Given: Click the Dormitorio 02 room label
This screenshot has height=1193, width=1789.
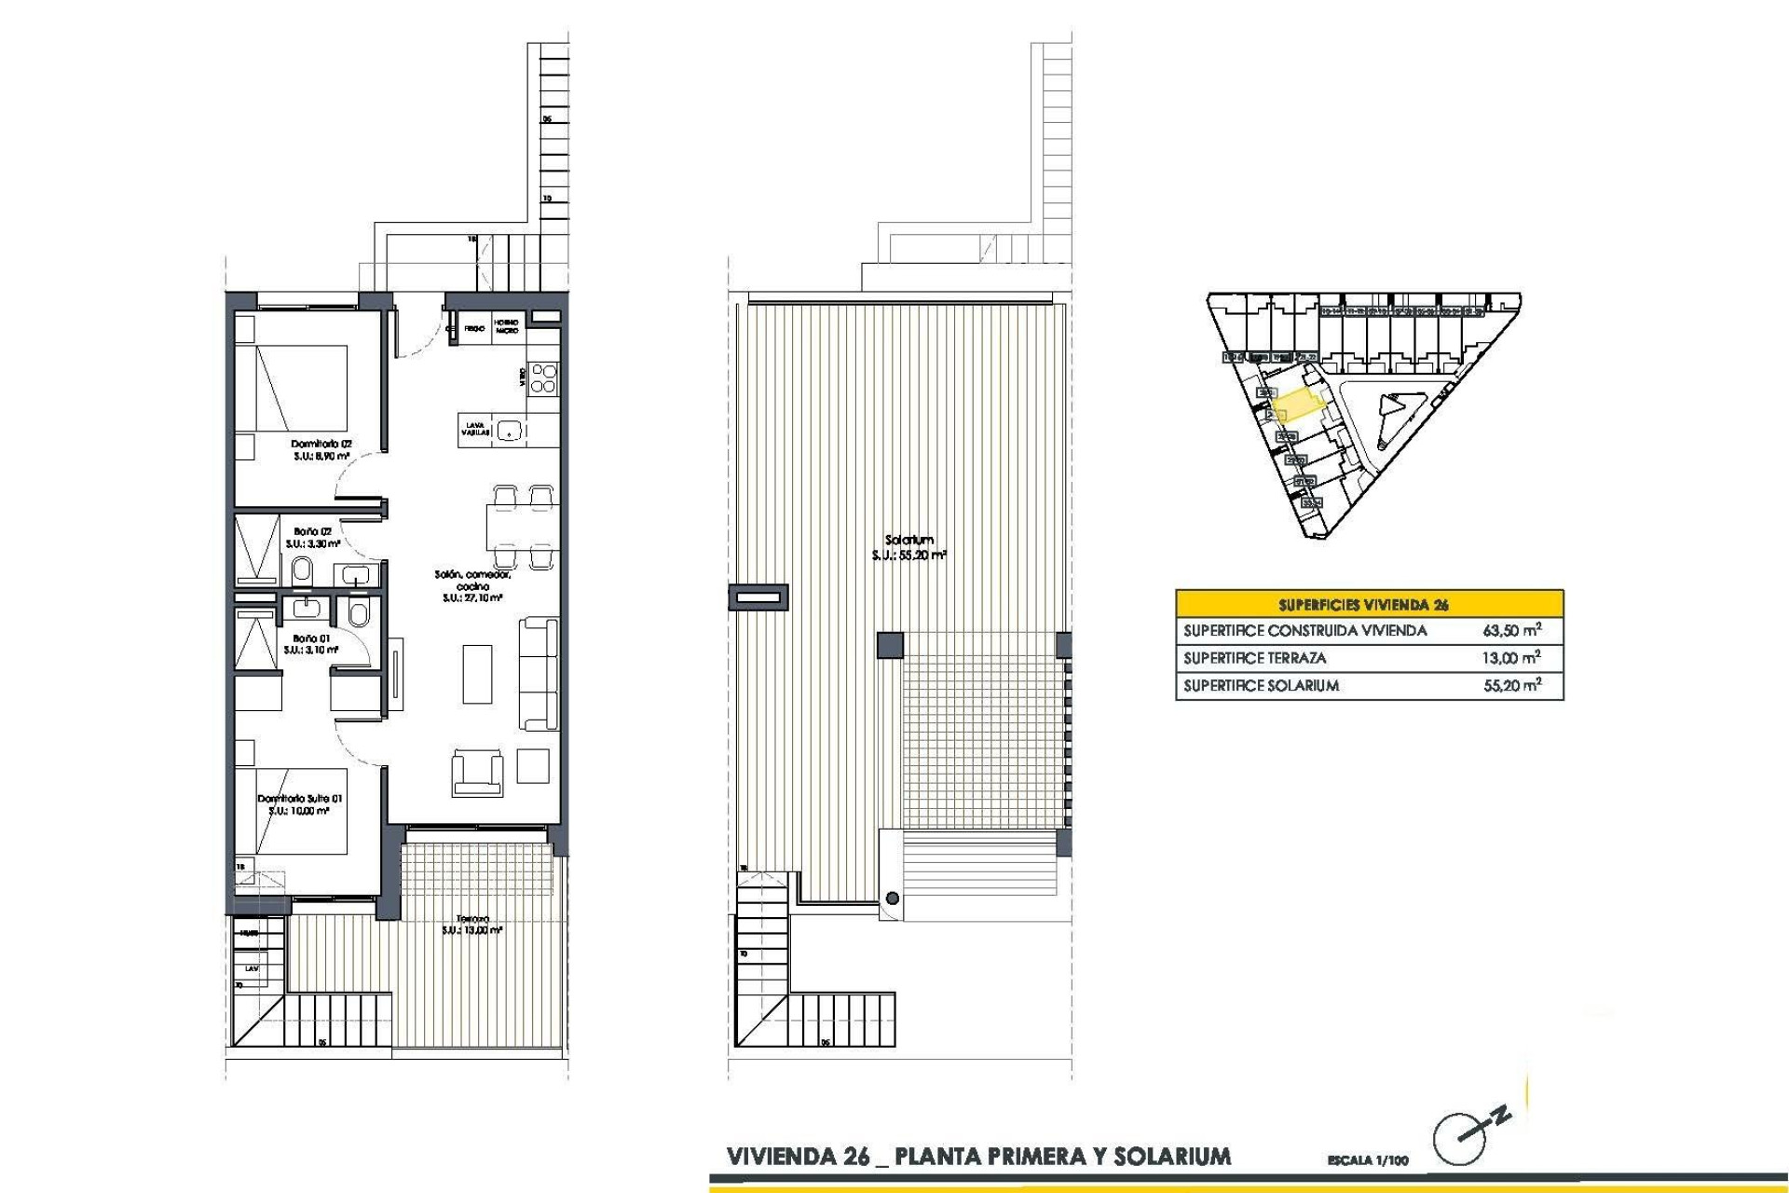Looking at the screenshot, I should [321, 445].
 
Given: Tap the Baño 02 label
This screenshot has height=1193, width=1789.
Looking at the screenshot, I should [312, 532].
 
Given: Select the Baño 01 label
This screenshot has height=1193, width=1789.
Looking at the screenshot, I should [311, 639].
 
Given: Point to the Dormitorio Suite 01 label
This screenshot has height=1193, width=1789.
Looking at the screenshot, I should [300, 799].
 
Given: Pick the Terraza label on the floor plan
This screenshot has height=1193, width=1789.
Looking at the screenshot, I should [472, 918].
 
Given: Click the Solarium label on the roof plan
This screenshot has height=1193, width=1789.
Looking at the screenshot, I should [909, 541].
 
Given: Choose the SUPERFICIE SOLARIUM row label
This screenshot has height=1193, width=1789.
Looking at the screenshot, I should [1261, 686].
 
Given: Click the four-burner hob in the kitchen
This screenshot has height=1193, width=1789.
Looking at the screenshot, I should [544, 378].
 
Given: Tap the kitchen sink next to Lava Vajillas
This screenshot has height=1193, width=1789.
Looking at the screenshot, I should [509, 431].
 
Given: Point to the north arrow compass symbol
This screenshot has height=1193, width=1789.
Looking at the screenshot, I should [1463, 1135].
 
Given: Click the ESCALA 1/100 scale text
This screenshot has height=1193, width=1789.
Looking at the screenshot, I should [1368, 1160].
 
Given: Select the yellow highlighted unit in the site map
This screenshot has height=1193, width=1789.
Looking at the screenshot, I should [1299, 406].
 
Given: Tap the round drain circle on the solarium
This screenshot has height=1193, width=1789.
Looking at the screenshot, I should [893, 898].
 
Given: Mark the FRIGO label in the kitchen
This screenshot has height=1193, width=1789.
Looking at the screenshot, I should [474, 329].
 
